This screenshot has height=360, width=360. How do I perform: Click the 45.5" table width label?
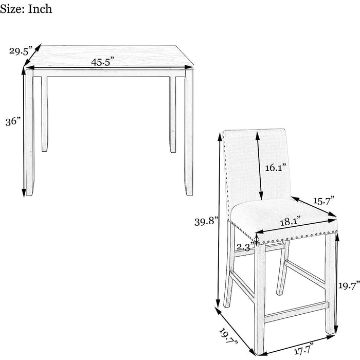(102, 62)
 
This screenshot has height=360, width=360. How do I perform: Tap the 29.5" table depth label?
(21, 51)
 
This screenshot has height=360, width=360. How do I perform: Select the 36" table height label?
(13, 121)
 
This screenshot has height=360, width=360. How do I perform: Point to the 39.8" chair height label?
(206, 222)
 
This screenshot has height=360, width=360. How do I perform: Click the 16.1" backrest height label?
(276, 168)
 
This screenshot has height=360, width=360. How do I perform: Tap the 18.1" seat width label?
(290, 221)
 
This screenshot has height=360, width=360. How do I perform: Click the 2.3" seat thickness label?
(245, 247)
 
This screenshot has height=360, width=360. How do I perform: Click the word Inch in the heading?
(40, 9)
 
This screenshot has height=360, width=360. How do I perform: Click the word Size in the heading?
(12, 9)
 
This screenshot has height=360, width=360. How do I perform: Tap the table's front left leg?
(30, 133)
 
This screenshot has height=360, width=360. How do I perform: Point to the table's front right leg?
(189, 133)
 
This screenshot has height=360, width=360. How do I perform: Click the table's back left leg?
(45, 114)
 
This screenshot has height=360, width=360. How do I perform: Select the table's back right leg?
(173, 114)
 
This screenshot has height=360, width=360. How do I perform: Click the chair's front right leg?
(331, 284)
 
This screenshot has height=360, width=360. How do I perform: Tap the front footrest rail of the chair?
(296, 312)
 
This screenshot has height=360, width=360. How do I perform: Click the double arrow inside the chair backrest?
(259, 166)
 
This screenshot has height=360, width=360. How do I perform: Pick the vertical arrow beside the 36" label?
(24, 132)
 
